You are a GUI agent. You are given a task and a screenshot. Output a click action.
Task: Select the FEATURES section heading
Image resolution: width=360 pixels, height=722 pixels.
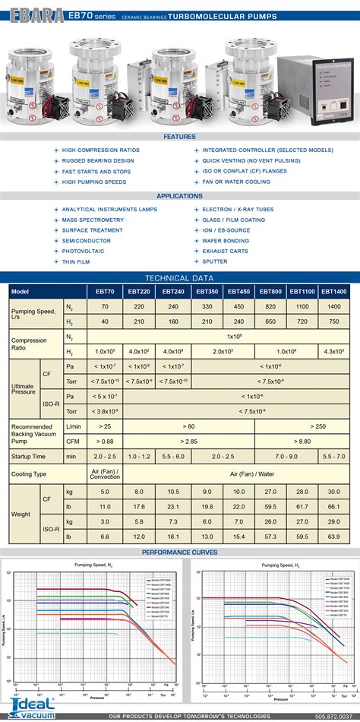179,137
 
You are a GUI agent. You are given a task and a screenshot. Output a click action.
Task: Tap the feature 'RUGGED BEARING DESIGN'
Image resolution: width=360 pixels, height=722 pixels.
98,160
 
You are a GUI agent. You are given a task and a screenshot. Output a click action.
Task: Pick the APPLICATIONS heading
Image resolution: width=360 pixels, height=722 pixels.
179,196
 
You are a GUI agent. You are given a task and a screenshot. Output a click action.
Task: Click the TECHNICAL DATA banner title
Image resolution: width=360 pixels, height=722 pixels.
179,279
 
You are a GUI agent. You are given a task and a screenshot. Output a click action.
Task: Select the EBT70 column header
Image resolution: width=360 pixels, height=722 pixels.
105,291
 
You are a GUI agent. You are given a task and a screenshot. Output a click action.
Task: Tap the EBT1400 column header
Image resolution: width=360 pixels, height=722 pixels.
333,291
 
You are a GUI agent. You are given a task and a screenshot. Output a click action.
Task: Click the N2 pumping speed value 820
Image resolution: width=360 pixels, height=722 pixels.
270,306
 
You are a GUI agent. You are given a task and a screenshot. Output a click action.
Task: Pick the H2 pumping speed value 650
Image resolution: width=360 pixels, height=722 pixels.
270,321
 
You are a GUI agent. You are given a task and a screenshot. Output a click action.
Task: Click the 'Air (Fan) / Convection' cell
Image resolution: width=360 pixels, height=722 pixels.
105,473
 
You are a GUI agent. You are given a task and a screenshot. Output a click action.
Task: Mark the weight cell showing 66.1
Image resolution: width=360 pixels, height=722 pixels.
333,506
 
